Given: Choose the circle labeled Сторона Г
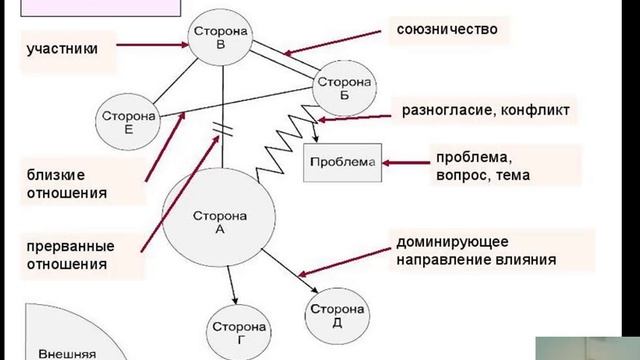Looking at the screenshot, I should [x=237, y=329].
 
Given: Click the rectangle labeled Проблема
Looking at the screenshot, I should [x=343, y=161].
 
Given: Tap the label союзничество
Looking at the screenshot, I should [x=447, y=30].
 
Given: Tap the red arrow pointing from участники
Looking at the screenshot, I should [x=151, y=45].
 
